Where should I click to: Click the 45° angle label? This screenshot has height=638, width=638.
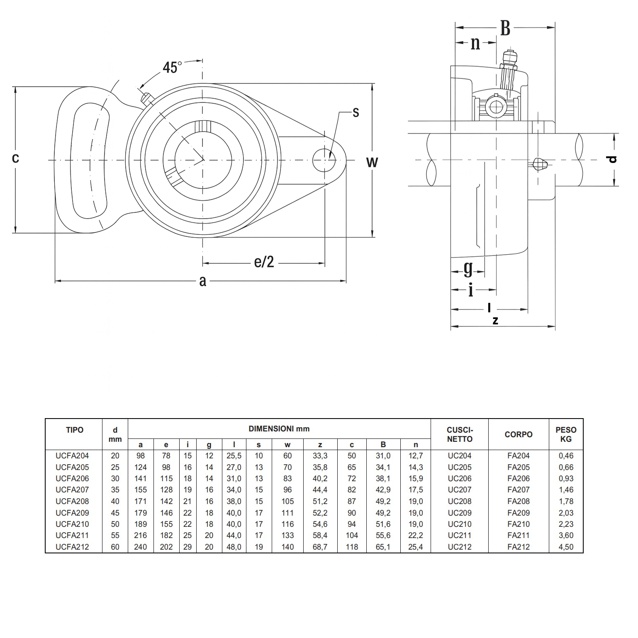click(x=172, y=67)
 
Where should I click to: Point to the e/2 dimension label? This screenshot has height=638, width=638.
click(x=264, y=262)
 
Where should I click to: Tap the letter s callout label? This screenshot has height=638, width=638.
click(x=356, y=112)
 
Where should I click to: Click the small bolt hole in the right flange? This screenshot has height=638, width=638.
click(x=324, y=160)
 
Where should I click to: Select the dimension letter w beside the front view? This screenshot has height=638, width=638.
click(x=372, y=162)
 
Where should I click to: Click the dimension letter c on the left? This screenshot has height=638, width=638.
click(x=15, y=158)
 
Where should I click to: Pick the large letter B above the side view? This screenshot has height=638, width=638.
click(x=505, y=29)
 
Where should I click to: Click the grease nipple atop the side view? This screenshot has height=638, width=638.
click(x=509, y=62)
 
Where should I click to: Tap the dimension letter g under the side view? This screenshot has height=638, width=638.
click(x=468, y=269)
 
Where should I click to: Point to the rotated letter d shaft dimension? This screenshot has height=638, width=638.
click(x=612, y=159)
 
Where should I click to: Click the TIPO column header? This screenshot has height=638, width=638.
click(x=75, y=430)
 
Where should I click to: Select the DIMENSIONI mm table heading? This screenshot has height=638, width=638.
click(x=279, y=429)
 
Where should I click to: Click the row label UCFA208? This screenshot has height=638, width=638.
click(x=72, y=502)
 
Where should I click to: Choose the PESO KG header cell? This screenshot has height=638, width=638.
click(x=566, y=434)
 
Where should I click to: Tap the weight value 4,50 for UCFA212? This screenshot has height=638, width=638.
click(x=566, y=547)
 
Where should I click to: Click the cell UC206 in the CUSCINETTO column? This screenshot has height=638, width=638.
click(x=460, y=479)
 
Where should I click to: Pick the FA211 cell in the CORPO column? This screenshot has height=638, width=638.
click(x=518, y=536)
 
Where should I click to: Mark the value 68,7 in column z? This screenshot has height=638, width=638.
click(x=320, y=547)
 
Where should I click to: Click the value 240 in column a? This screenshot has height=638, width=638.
click(x=141, y=547)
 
